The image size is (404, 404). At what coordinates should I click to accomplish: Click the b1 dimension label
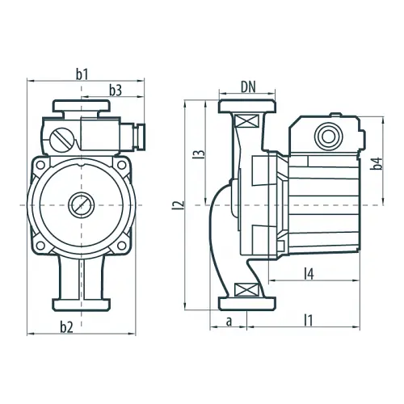coord(82,74)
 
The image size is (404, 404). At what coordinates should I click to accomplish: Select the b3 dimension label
coord(116,90)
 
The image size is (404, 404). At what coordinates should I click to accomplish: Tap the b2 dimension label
coord(66,327)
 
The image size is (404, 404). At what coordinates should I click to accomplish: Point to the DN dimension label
coord(248,87)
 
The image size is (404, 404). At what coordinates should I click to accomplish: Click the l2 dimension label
coord(182,205)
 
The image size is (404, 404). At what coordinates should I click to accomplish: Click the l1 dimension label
coord(308,321)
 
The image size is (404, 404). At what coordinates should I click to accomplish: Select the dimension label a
coord(229,322)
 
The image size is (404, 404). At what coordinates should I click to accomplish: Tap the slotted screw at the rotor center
coord(81,205)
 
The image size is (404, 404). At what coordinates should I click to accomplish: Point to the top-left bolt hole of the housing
coord(40,165)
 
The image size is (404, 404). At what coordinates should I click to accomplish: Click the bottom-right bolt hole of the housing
coord(121,245)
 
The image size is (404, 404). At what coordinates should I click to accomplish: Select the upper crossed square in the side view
coord(246,121)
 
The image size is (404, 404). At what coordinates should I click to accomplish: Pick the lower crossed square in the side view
coord(246,290)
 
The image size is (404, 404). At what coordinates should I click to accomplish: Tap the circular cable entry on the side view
coord(329,137)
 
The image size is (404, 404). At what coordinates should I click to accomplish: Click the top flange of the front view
coord(82,106)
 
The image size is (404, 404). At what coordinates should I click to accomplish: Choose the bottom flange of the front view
coord(82,305)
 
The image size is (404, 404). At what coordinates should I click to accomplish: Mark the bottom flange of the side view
coord(247,304)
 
